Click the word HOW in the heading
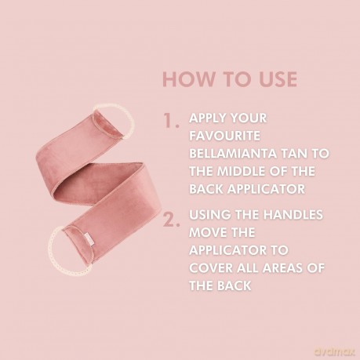click(189, 79)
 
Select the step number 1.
click(171, 121)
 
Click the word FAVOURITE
click(224, 136)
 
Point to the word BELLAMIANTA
click(233, 154)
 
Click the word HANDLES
click(293, 215)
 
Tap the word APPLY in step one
click(206, 118)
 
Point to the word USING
click(210, 215)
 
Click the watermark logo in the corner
click(334, 351)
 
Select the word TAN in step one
click(293, 154)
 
